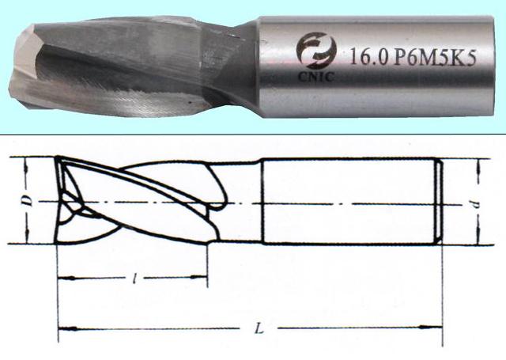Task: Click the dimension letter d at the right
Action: pyautogui.click(x=480, y=202)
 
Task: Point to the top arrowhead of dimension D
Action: pyautogui.click(x=27, y=165)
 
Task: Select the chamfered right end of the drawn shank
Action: pyautogui.click(x=437, y=202)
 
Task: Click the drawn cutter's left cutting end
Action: pyautogui.click(x=59, y=202)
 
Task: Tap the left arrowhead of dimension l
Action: pyautogui.click(x=63, y=279)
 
